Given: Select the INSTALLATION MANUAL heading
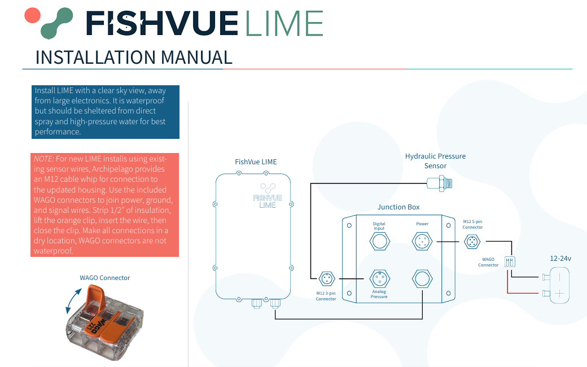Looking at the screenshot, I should [134, 57].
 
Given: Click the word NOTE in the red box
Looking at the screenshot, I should [43, 159].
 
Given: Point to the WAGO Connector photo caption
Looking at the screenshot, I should [105, 278].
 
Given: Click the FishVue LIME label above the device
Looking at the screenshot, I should [256, 162].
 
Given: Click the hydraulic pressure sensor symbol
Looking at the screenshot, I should [440, 182].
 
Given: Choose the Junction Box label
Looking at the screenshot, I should [398, 207].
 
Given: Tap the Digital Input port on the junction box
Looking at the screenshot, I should [379, 242].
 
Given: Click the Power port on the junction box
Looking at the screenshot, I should [422, 242].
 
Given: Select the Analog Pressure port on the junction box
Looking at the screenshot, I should [379, 278].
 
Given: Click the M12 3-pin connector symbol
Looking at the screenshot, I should [326, 278].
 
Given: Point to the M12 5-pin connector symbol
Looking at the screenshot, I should [472, 242].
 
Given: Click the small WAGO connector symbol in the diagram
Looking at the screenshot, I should [511, 261].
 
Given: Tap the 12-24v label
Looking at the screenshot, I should [560, 259].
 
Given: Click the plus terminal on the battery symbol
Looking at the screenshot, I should [559, 294].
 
